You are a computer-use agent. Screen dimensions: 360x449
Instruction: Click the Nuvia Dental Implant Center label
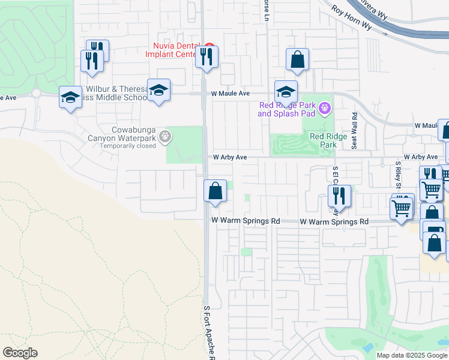(x=174, y=50)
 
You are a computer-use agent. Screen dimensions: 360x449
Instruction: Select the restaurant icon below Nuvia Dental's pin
(x=206, y=58)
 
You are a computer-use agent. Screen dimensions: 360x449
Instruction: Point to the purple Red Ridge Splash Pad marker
(x=325, y=108)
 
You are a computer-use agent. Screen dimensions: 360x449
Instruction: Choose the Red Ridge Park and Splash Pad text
(x=286, y=109)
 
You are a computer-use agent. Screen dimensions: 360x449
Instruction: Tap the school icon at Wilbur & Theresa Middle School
(x=158, y=91)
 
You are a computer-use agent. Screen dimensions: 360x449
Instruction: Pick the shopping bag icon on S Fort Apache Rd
(x=215, y=192)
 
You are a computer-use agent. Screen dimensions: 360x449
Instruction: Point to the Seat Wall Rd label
(x=355, y=131)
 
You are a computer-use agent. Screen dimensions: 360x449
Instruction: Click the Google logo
(x=20, y=353)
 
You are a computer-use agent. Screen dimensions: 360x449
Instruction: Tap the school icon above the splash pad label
(x=286, y=92)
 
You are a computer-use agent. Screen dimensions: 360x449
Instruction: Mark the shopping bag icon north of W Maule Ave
(x=297, y=60)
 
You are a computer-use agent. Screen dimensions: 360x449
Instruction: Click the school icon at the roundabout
(x=70, y=97)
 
